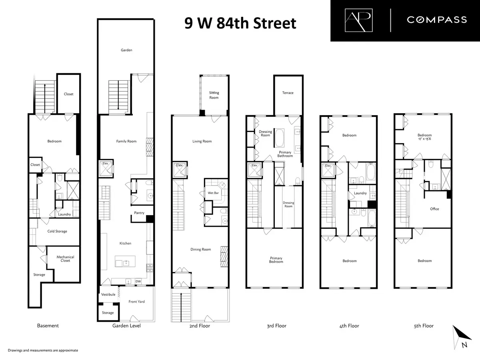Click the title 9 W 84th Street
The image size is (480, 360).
(240, 23)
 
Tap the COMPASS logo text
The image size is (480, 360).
(437, 20)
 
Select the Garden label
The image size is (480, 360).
(126, 50)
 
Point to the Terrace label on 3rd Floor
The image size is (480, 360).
(288, 93)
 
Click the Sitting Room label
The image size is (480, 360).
(214, 95)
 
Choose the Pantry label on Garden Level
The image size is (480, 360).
(139, 213)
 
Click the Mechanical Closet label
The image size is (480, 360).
(65, 259)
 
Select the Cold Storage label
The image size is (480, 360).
(57, 231)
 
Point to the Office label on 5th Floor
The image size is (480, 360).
(434, 209)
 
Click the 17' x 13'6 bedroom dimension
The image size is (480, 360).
(424, 140)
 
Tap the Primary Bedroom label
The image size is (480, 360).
(276, 260)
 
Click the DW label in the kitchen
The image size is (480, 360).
(138, 281)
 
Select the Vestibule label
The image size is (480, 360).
(108, 294)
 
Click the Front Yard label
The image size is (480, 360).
(137, 302)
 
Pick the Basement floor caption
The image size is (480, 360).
(48, 326)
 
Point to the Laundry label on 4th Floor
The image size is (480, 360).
(360, 193)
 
